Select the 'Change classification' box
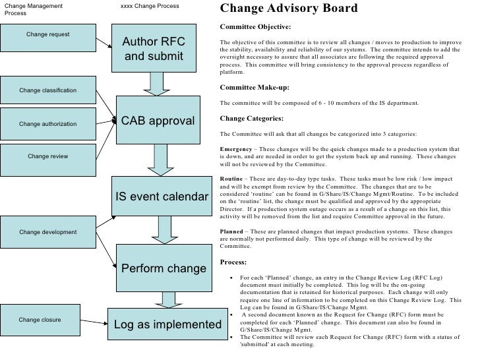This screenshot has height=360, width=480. tap(47, 90)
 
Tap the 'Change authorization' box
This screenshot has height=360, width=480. tap(47, 123)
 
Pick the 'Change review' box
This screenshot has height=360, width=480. tap(47, 156)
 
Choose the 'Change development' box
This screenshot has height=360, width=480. tap(47, 232)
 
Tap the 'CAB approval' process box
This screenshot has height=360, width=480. tap(158, 121)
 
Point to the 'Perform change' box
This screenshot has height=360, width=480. tap(164, 269)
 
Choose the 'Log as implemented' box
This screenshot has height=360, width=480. tap(167, 324)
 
